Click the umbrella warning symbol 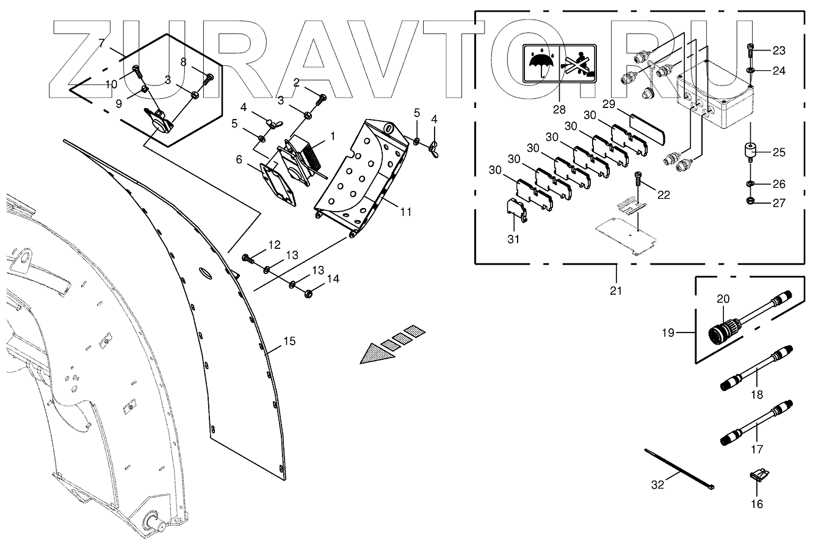pyautogui.click(x=541, y=63)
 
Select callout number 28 pyautogui.click(x=559, y=109)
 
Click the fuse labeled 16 pyautogui.click(x=758, y=475)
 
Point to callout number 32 pyautogui.click(x=657, y=486)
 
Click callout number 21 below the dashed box pyautogui.click(x=616, y=290)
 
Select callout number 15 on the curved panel pyautogui.click(x=289, y=341)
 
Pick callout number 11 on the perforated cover pyautogui.click(x=406, y=212)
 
